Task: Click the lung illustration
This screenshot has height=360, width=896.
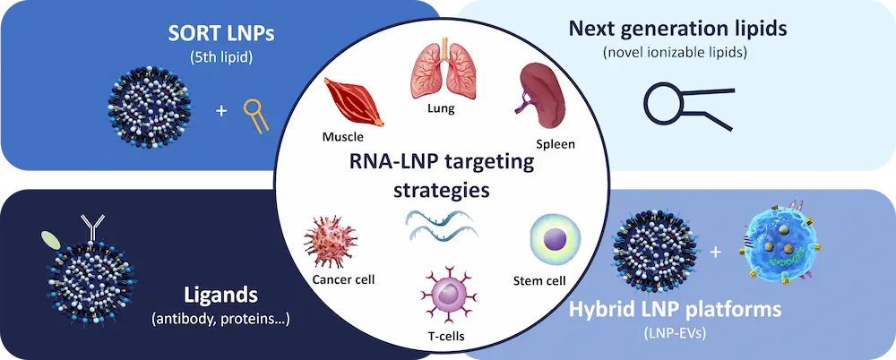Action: pos(440,71)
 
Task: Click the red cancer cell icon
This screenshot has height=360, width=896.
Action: pos(332,239)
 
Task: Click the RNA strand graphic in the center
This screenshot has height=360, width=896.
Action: pos(439,225)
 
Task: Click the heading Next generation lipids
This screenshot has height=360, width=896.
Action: pos(678,29)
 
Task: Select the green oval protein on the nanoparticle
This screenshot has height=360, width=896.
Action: pos(51,239)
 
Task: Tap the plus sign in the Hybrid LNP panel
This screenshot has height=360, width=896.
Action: pos(715,252)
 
